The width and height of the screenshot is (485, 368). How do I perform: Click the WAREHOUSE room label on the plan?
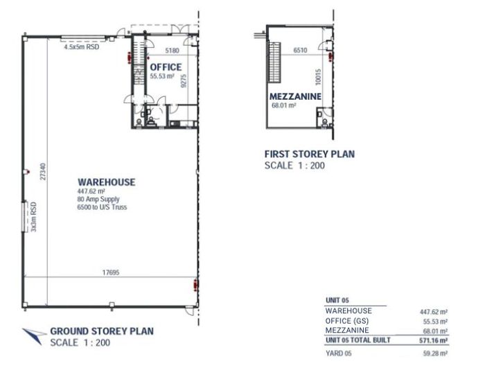coord(107,182)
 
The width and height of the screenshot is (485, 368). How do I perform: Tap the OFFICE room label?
coord(166,67)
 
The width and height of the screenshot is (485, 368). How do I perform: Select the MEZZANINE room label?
coord(295,96)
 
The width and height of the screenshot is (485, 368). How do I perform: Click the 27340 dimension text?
coord(43,172)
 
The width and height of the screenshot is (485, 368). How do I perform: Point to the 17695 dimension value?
coord(111,272)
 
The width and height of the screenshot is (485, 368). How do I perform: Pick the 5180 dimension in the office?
coord(172,51)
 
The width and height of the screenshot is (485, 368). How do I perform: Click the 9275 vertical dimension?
coord(184,81)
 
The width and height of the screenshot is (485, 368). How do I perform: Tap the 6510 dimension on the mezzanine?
coord(300,50)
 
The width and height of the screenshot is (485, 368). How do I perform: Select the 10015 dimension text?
coord(318,77)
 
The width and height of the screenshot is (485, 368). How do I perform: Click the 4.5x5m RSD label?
coord(82,47)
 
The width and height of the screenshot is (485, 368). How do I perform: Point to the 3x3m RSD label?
coord(34,217)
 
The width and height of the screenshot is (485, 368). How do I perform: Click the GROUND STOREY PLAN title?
coord(102,331)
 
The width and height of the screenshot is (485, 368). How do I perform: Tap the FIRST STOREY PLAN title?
coord(310,154)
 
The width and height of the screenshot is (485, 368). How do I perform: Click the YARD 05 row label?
coord(339,353)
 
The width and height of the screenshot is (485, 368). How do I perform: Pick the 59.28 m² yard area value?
coord(435,353)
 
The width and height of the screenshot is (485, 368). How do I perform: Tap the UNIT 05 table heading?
coord(337,300)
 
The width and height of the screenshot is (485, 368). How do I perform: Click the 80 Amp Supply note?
coord(98,199)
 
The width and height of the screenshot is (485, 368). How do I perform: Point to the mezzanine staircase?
coord(274,62)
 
